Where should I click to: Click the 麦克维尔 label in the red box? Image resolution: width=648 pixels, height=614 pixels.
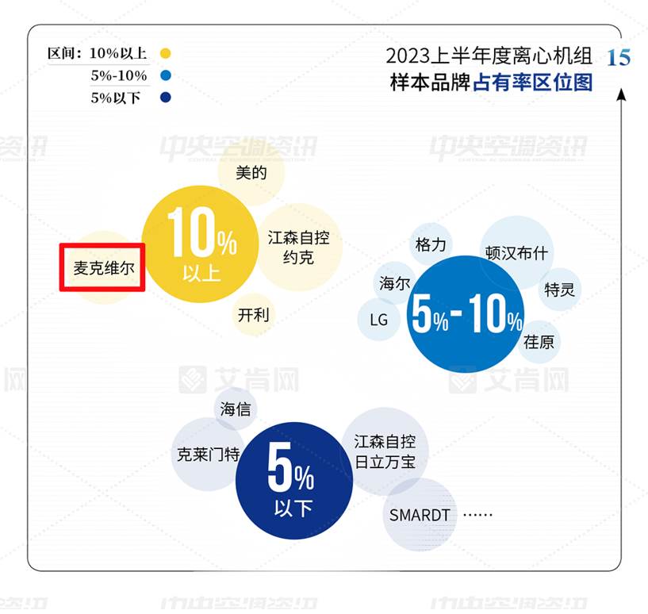(104, 268)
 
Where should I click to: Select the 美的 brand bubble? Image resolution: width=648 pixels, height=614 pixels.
(251, 173)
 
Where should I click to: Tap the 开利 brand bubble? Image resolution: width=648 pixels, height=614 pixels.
(253, 315)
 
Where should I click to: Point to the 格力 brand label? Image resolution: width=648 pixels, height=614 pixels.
(431, 245)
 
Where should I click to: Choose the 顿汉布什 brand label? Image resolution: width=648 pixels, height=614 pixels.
(516, 252)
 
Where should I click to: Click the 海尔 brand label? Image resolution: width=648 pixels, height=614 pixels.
(395, 284)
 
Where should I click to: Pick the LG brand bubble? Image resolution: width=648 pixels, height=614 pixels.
(378, 320)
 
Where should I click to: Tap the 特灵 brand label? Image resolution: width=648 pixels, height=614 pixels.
(559, 290)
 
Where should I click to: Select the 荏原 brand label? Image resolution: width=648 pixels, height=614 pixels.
(539, 342)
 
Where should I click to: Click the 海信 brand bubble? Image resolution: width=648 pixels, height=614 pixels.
(236, 409)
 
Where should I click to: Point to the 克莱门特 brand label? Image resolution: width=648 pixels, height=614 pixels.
(209, 455)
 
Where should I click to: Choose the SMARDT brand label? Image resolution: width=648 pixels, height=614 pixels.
(420, 515)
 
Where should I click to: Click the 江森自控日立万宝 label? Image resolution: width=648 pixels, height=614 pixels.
(385, 451)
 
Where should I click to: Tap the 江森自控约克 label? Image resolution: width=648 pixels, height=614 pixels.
(298, 248)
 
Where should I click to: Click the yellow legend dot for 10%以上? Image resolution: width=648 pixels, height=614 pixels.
(165, 53)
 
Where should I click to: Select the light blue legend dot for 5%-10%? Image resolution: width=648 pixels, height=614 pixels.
(165, 75)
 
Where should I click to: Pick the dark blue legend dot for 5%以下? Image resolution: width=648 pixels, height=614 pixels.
(165, 98)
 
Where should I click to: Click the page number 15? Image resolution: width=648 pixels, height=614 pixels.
(619, 57)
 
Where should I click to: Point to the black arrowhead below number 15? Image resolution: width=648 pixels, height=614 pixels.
(621, 94)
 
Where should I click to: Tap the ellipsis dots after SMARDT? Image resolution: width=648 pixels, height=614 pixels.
(477, 515)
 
